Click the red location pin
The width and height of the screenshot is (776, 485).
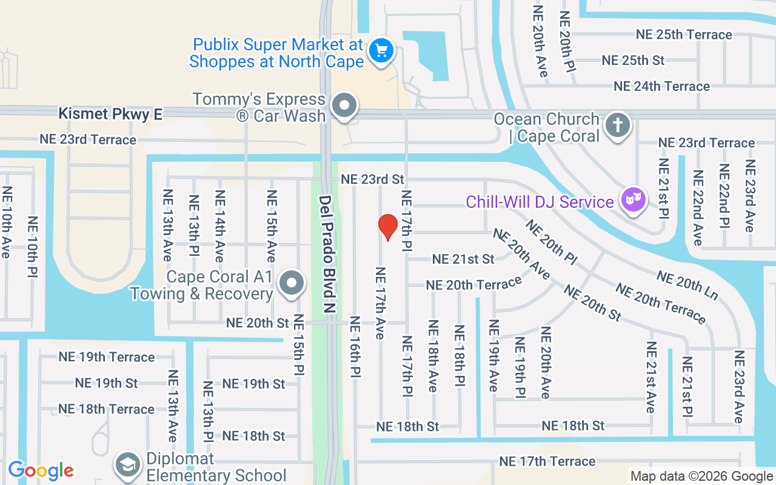click(x=387, y=227)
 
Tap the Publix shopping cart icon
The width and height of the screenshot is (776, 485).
click(x=381, y=50)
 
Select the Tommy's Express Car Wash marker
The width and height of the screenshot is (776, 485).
click(x=345, y=105)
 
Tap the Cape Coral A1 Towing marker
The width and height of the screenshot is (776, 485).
click(x=292, y=283)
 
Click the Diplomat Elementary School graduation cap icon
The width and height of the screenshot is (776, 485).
click(x=128, y=465)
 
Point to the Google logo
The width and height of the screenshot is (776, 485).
click(x=41, y=470)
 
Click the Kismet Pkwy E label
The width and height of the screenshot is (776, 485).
click(x=110, y=114)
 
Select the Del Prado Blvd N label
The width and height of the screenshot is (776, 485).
click(x=327, y=254)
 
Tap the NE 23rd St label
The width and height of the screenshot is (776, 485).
click(x=372, y=179)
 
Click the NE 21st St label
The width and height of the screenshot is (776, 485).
click(x=463, y=259)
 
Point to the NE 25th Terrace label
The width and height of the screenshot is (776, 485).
click(x=684, y=35)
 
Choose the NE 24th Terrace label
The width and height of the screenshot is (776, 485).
click(x=661, y=87)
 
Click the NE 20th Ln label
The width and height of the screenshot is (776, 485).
click(x=687, y=285)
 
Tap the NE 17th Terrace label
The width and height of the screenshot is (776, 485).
click(x=547, y=461)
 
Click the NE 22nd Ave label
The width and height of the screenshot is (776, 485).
click(x=698, y=207)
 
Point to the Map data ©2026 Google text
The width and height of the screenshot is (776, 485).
click(x=701, y=477)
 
